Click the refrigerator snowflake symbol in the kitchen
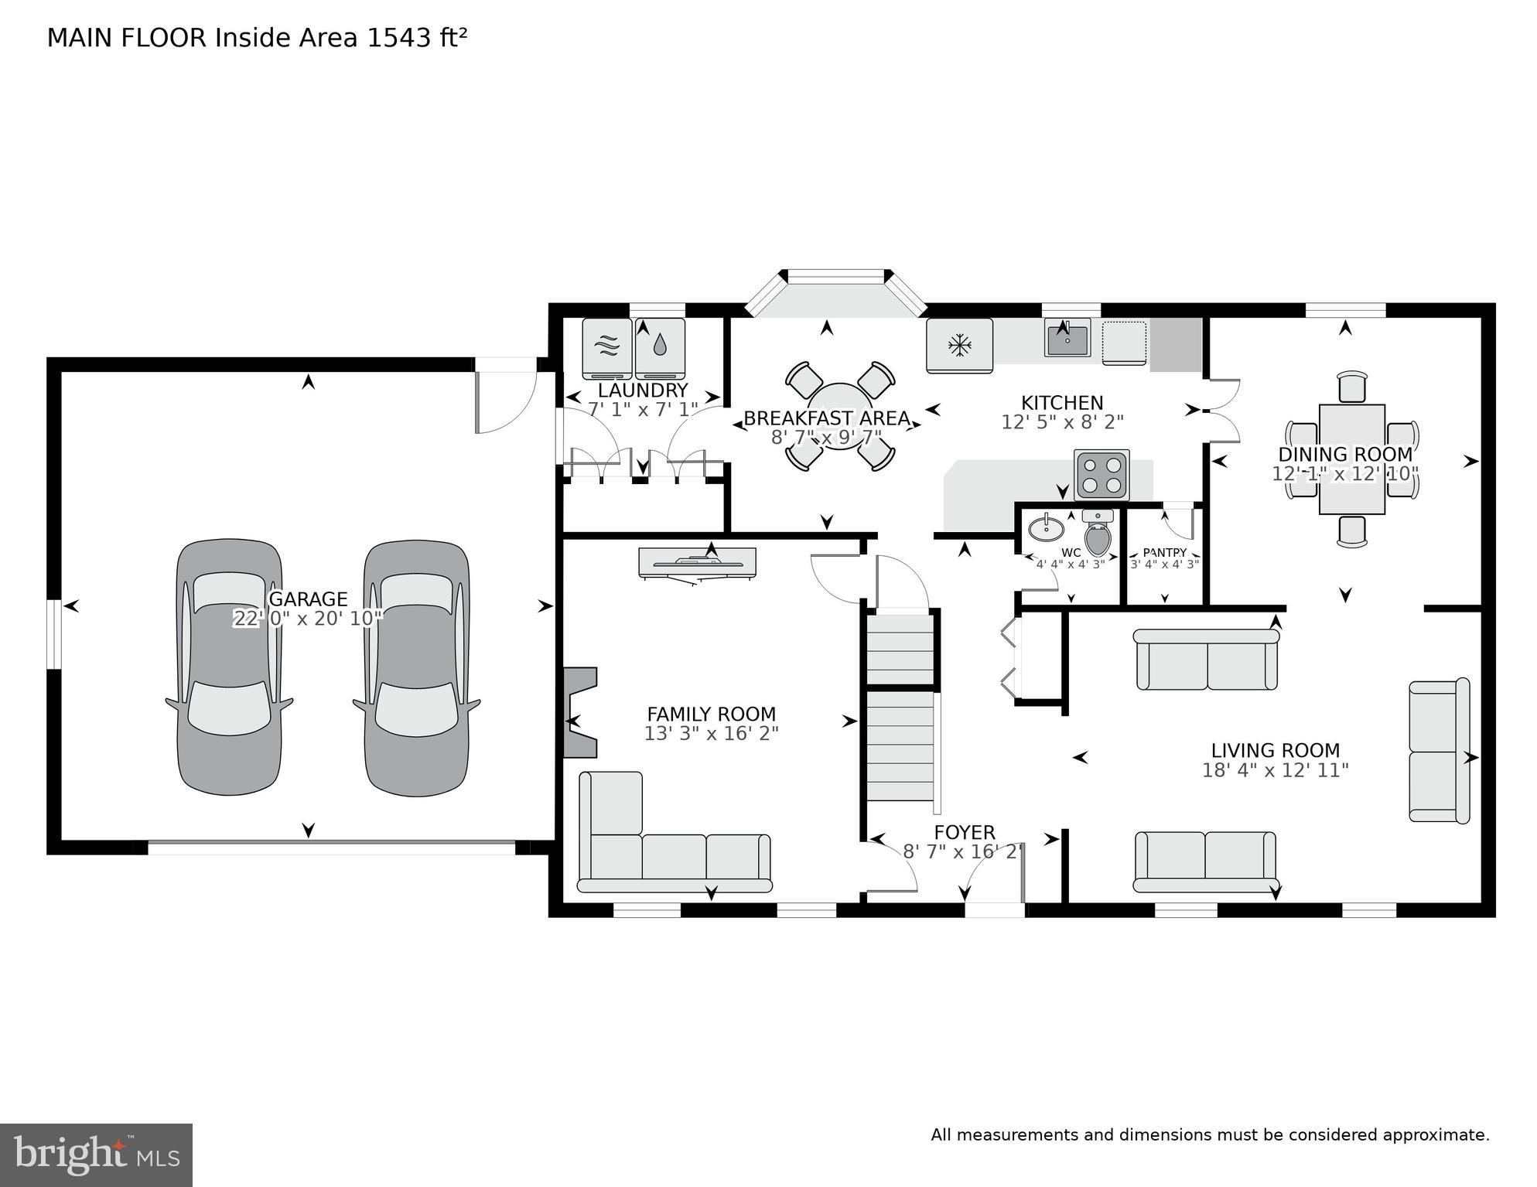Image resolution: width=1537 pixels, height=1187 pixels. click(959, 345)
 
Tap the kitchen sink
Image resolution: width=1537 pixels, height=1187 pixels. click(1067, 338)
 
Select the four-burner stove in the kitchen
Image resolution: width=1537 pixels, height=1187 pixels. click(1102, 475)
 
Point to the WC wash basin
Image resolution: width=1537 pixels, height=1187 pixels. click(1046, 529)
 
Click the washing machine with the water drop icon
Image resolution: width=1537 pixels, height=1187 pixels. click(660, 346)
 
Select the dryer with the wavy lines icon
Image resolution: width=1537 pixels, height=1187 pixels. click(606, 346)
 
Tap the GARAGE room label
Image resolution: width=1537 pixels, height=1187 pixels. click(308, 599)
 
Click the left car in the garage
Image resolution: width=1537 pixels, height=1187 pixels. click(229, 667)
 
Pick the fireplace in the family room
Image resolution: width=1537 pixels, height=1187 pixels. click(580, 712)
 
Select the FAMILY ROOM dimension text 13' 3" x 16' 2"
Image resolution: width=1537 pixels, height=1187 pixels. click(711, 733)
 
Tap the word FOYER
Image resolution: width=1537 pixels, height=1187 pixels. click(964, 832)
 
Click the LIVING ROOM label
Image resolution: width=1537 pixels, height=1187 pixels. click(1275, 750)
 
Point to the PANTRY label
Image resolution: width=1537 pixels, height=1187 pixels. click(1164, 552)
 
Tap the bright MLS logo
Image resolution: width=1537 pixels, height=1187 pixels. click(96, 1155)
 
